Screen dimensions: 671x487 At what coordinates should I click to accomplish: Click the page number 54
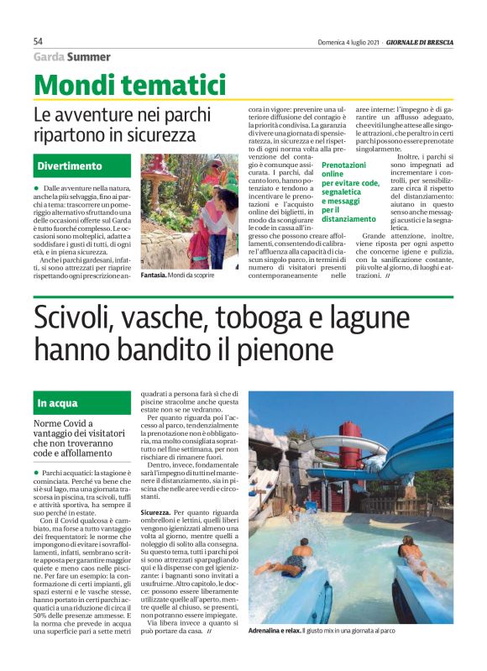coord(39,41)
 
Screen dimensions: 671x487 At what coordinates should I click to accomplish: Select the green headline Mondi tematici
coord(130,86)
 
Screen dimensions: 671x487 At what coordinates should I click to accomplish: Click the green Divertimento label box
coord(82,165)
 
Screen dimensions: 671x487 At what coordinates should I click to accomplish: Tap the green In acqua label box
coord(82,402)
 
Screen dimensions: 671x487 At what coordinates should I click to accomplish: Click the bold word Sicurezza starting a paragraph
coord(160,511)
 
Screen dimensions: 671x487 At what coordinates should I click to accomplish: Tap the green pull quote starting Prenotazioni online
coord(350,192)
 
